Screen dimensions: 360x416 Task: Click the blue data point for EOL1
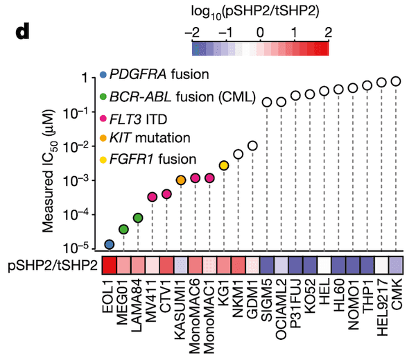[x=109, y=244]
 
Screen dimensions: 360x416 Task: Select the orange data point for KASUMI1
[x=181, y=180]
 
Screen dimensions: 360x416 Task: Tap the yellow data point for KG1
[x=224, y=165]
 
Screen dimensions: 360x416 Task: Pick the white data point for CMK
[x=396, y=81]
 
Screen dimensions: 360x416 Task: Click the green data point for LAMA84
[x=138, y=218]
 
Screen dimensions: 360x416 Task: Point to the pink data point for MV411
[x=153, y=197]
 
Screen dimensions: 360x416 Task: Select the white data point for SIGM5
[x=267, y=102]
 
